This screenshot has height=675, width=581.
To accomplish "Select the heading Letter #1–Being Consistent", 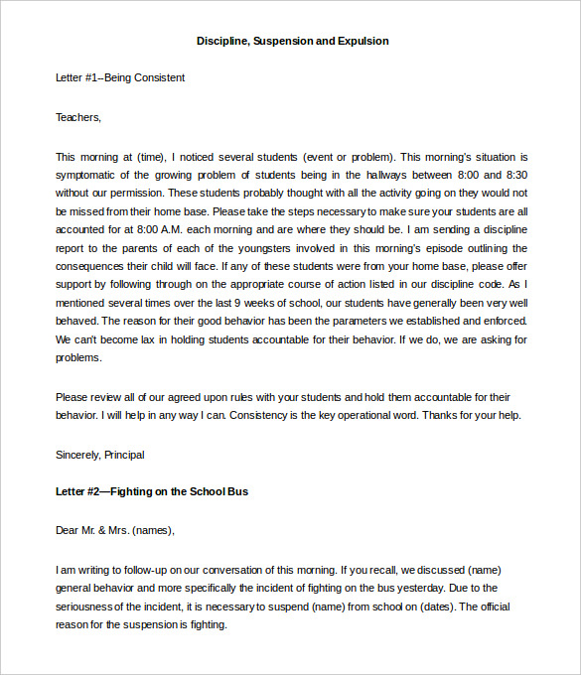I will (x=120, y=77).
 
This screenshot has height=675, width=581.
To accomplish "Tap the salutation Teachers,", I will (x=78, y=117).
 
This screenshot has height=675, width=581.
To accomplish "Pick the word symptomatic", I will (x=88, y=175).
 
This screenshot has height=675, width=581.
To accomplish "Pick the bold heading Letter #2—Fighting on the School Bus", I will (x=152, y=491).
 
